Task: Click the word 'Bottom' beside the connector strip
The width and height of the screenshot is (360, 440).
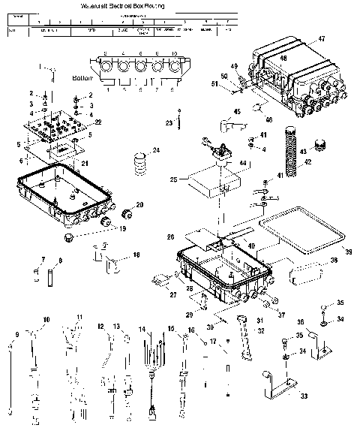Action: point(82,77)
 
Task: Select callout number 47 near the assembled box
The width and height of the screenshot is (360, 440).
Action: point(321,38)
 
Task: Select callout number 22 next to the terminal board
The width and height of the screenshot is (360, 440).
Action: point(97,122)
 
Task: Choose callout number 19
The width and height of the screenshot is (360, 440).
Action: point(124,228)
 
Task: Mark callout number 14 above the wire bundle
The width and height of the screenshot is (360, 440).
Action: point(141,329)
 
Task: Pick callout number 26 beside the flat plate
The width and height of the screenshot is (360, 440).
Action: point(171,237)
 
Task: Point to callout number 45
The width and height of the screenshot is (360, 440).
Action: point(237,111)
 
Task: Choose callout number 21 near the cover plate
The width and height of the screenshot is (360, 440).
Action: point(85,163)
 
